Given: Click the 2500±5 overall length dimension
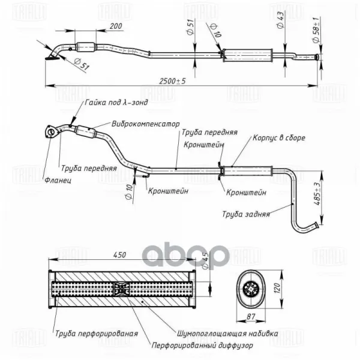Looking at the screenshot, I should tap(174, 81).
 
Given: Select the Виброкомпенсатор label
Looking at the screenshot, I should tap(145, 124).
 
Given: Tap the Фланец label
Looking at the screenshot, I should tap(58, 180).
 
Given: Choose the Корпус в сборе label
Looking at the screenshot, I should tap(279, 137).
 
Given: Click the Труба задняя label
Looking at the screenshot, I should tap(245, 213).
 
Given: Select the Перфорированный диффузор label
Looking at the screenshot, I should tap(202, 346).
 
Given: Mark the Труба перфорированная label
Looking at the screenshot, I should tap(96, 333).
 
